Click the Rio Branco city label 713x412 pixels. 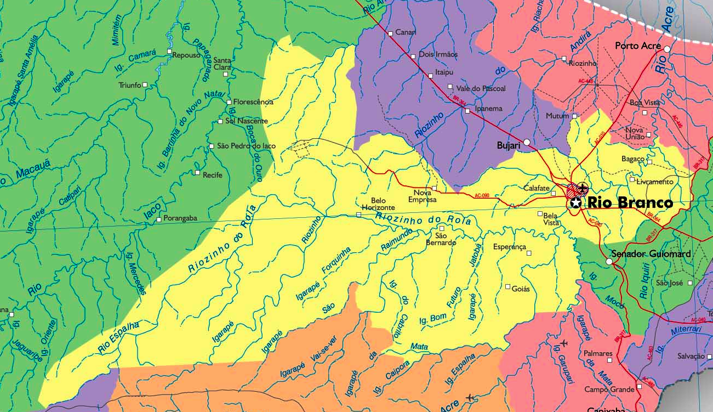coord(630,203)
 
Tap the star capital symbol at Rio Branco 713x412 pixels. coord(575,203)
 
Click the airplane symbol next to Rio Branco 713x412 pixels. coord(582,190)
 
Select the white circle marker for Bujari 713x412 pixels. coord(527,142)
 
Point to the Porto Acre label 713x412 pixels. coord(638,46)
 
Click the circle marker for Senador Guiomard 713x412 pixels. coord(609,262)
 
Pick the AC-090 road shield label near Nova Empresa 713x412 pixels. coord(482,195)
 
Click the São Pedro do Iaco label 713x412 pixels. coord(247,146)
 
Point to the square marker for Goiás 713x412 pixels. coord(507,286)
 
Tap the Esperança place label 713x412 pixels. coord(509,247)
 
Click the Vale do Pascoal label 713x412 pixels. coord(480,88)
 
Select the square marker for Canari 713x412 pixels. coord(390,33)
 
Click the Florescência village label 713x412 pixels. coord(253,102)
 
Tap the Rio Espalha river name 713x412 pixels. coord(118,337)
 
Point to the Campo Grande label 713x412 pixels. coord(608,389)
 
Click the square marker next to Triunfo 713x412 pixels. coord(145,84)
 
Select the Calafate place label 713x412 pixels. coord(536,188)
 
